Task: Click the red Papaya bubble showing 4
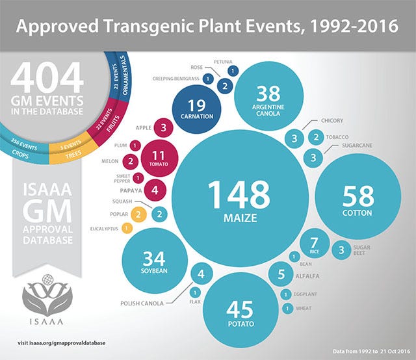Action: (154, 191)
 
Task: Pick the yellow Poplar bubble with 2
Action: (138, 213)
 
